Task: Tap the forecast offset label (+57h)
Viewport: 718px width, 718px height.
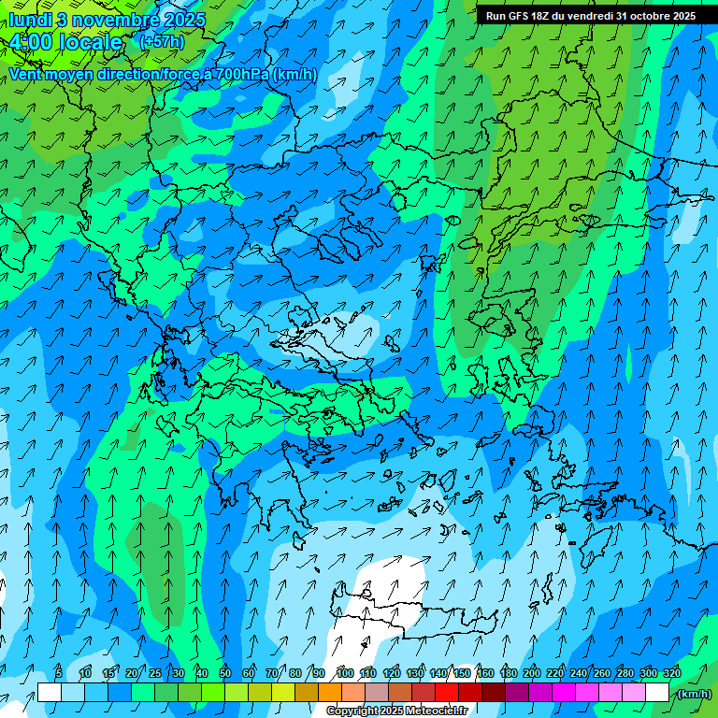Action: point(162,42)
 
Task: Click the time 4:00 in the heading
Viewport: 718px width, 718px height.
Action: point(31,42)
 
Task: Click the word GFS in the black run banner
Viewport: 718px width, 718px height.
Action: point(522,16)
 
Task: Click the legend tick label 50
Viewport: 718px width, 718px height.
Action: point(225,673)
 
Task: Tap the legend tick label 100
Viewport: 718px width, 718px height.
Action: point(345,673)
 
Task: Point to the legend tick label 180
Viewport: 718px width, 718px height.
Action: point(509,673)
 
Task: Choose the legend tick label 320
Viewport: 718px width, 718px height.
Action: point(672,673)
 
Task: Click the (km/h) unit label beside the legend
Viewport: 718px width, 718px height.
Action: point(695,694)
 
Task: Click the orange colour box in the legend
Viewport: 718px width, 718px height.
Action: point(330,693)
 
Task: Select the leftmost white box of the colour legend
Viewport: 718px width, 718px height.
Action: point(50,693)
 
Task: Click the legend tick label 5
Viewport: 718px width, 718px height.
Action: point(59,673)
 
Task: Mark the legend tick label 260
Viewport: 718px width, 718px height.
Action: point(602,673)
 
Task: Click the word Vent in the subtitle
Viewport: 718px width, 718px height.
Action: point(25,74)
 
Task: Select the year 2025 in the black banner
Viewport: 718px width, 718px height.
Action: point(682,16)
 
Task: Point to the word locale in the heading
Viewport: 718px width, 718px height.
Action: point(91,42)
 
